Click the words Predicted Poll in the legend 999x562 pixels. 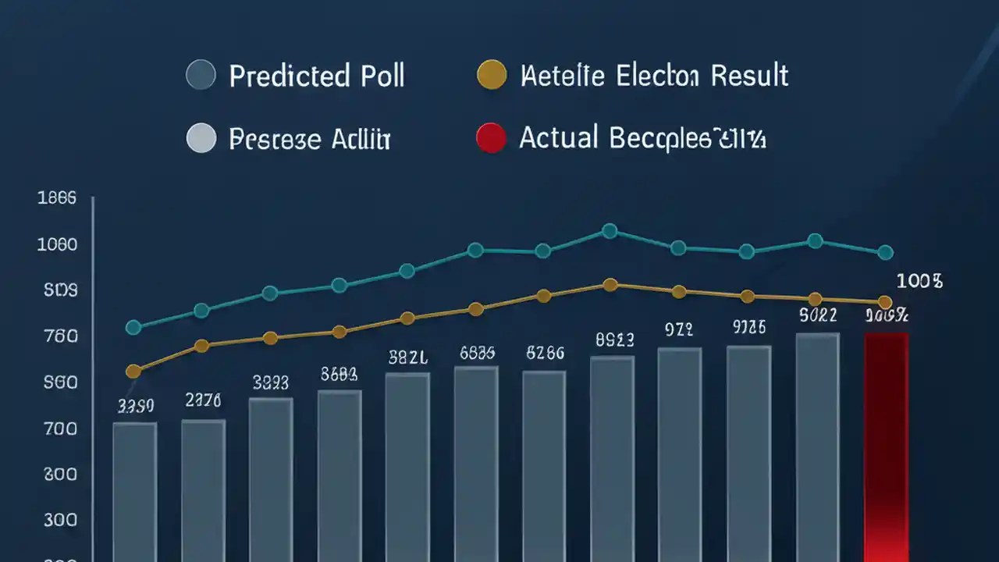(x=316, y=76)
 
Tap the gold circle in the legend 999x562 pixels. (x=492, y=76)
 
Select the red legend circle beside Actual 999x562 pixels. (x=491, y=139)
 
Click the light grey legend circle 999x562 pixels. (x=201, y=139)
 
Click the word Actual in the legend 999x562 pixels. (x=558, y=138)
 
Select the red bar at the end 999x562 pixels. (x=886, y=445)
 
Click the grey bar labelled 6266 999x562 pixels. (x=544, y=464)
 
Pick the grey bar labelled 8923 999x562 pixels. (x=612, y=457)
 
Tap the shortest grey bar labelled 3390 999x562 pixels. (x=134, y=490)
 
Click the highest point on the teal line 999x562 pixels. (x=610, y=231)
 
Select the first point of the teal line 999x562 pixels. (x=133, y=327)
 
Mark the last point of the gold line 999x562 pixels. (x=884, y=302)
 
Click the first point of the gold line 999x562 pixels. (x=133, y=371)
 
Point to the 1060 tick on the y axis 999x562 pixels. (x=57, y=244)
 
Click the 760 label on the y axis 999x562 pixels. (x=57, y=336)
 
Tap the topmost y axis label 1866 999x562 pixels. (x=57, y=198)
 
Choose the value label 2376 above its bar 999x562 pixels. (x=203, y=400)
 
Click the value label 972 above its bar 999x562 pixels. (x=679, y=329)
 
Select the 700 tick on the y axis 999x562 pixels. (x=57, y=429)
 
